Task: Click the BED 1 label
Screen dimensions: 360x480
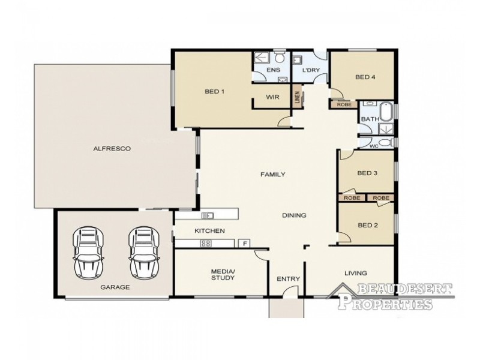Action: click(x=214, y=92)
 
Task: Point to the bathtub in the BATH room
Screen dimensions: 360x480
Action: click(x=386, y=112)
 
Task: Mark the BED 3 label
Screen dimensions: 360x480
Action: click(x=367, y=173)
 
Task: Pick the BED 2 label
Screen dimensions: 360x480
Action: click(x=367, y=226)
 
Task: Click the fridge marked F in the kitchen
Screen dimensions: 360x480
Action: click(x=244, y=244)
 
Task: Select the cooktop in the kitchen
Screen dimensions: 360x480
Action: click(x=205, y=244)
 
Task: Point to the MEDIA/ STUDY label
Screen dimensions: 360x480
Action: click(x=223, y=275)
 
